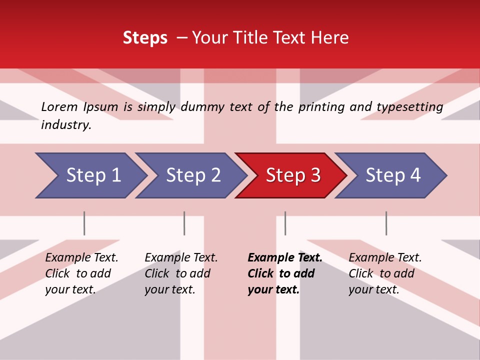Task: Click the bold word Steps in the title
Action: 145,37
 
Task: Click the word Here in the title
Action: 329,37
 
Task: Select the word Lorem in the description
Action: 59,106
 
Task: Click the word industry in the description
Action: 65,125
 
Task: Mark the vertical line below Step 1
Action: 84,223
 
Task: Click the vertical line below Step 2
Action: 184,223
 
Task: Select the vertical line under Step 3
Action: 285,223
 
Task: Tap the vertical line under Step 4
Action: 386,223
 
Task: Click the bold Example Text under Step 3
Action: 285,257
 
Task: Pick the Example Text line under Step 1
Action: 81,257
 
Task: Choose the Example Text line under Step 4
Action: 385,257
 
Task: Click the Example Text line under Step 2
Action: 181,257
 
